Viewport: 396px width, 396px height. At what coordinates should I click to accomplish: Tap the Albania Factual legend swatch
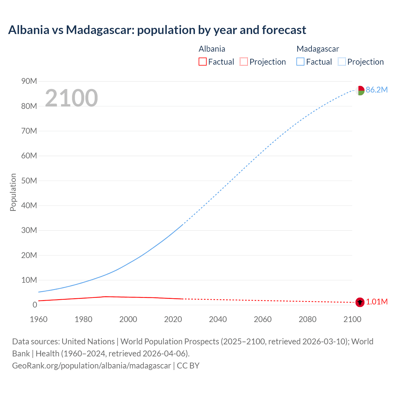202,62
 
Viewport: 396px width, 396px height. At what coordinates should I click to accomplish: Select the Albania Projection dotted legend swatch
244,62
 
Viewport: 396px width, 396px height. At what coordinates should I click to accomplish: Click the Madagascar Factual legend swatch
300,62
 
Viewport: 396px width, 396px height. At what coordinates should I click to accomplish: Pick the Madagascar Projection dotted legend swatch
342,62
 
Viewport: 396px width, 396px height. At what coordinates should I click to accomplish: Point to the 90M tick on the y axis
29,81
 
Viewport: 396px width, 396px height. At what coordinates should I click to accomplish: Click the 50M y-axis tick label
29,181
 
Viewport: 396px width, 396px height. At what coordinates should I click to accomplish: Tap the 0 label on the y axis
35,305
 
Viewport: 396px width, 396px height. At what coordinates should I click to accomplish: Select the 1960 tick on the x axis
39,319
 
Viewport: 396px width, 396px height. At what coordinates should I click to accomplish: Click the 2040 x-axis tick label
218,319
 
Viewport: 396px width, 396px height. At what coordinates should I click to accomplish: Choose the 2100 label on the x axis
352,319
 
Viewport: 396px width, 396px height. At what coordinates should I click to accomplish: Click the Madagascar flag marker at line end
360,90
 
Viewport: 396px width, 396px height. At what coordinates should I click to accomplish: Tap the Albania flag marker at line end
360,302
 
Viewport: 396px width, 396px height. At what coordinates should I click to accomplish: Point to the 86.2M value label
377,90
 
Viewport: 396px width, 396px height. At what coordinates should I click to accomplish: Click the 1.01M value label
377,302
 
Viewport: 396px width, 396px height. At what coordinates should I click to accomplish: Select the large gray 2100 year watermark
71,98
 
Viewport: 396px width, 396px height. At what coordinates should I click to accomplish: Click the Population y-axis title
13,192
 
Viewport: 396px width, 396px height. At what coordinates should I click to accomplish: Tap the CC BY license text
188,366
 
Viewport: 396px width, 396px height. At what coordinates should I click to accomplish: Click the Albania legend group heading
212,49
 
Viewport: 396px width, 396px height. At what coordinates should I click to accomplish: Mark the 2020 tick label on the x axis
173,319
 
